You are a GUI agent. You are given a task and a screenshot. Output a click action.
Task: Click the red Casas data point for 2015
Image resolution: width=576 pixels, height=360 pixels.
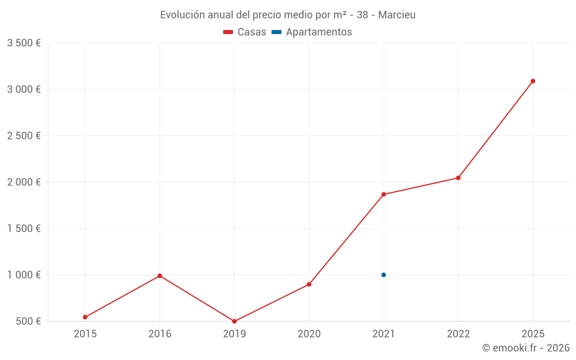85,317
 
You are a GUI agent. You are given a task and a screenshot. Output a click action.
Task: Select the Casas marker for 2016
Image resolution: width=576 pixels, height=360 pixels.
160,276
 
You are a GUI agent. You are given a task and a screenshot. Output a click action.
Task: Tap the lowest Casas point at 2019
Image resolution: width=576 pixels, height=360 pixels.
234,321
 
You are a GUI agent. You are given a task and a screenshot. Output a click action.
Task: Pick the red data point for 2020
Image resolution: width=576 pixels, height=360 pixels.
309,285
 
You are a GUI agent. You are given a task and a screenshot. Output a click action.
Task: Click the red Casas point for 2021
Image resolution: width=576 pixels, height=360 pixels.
384,195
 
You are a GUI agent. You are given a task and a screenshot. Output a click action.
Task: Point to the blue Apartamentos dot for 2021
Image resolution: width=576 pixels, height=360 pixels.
384,275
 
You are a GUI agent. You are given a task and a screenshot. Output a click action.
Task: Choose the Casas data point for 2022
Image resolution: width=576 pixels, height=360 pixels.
458,178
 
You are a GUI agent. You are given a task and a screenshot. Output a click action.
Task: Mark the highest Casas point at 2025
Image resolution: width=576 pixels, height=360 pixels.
533,81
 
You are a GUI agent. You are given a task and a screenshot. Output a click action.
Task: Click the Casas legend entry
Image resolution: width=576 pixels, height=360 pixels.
245,32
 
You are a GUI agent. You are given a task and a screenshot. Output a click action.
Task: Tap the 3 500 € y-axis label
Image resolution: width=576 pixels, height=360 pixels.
24,43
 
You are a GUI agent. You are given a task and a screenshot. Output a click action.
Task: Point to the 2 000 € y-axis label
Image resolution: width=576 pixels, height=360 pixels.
24,182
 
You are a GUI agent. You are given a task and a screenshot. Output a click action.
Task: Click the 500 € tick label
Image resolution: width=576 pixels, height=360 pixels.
28,321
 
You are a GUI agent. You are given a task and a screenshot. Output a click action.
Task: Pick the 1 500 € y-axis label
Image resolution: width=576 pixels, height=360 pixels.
24,229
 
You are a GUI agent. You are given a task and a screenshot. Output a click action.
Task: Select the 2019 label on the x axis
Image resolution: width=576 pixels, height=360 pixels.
234,334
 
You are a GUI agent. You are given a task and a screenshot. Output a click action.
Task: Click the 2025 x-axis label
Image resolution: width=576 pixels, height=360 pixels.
533,334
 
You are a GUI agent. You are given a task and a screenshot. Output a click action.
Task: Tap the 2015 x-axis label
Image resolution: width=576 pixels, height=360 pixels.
85,334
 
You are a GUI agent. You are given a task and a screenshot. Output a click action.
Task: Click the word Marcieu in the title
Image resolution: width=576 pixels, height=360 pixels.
397,15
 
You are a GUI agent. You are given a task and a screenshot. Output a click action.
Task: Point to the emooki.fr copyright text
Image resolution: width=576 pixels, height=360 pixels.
526,348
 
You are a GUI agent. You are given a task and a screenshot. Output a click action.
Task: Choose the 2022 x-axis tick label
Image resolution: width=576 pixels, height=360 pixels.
458,334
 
